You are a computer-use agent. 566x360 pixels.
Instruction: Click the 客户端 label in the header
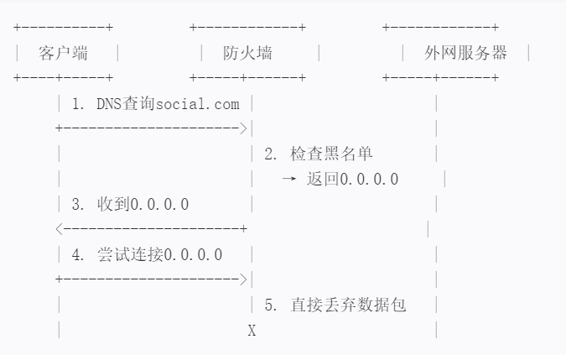point(64,54)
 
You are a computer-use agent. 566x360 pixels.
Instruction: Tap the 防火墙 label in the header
point(248,54)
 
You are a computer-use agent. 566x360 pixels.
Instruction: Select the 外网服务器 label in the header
point(465,54)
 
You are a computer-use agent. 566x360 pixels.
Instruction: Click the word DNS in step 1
point(110,105)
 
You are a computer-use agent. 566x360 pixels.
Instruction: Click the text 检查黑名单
point(332,154)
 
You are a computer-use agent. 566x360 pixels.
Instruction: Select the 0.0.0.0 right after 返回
point(364,180)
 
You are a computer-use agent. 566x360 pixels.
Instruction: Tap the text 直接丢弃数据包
point(348,305)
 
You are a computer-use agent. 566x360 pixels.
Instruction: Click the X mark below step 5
point(252,331)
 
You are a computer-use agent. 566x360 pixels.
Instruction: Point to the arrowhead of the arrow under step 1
point(243,129)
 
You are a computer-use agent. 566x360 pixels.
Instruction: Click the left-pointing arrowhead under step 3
point(59,229)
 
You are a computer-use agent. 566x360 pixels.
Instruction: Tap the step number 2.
point(269,154)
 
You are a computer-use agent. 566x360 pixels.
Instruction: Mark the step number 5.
point(269,305)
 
